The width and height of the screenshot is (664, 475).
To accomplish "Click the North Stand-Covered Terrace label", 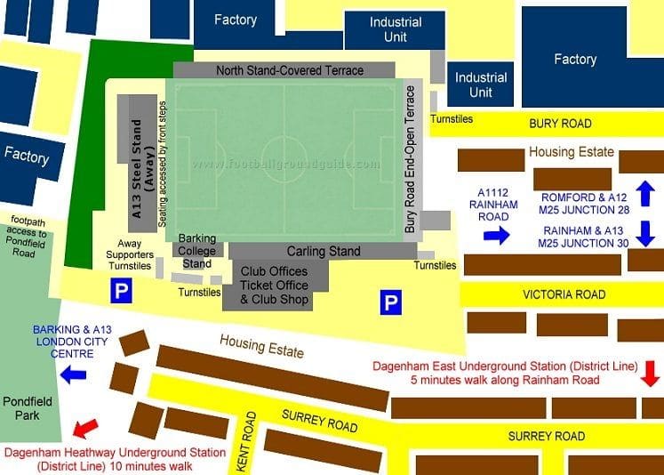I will tap(290, 70).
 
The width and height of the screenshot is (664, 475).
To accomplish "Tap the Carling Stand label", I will tap(324, 252).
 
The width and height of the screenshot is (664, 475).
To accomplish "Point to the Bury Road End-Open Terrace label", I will tap(411, 160).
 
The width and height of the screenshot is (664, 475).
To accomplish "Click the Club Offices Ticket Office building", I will tap(274, 286).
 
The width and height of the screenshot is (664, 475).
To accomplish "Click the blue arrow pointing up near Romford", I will tap(646, 191).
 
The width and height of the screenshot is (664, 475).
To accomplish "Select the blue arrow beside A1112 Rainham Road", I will tap(496, 235).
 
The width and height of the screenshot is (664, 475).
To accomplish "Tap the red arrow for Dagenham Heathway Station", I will tap(85, 429).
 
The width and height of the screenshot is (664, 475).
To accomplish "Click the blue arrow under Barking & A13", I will tap(73, 374).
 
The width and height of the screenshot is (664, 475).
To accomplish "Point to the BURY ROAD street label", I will tap(559, 125).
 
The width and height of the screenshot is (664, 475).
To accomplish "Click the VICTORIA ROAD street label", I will tap(564, 294).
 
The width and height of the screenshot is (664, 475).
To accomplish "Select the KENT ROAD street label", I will tap(246, 441).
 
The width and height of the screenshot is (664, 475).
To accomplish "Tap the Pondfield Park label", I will tap(27, 409).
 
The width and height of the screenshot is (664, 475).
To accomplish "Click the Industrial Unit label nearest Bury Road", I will tap(481, 85).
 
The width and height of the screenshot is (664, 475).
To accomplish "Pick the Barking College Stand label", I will tap(196, 251).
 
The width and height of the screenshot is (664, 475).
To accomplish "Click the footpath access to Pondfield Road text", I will tap(29, 236).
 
